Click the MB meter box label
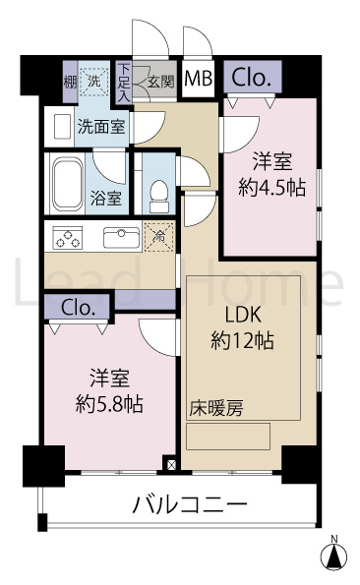tap(199, 79)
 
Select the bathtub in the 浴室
tap(68, 184)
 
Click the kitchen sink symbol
tap(122, 237)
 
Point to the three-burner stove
tap(68, 238)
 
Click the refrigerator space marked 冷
tap(159, 236)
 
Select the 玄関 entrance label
tap(160, 82)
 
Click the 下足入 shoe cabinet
tap(124, 83)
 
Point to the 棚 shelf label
tap(70, 82)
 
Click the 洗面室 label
tap(101, 127)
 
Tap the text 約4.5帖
tap(271, 188)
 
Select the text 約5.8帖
tap(109, 404)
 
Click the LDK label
tap(243, 316)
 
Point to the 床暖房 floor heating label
tap(216, 409)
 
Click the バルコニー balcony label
tap(190, 505)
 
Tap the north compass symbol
tap(334, 556)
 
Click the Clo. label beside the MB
tap(251, 78)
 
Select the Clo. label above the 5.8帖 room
tap(77, 308)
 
